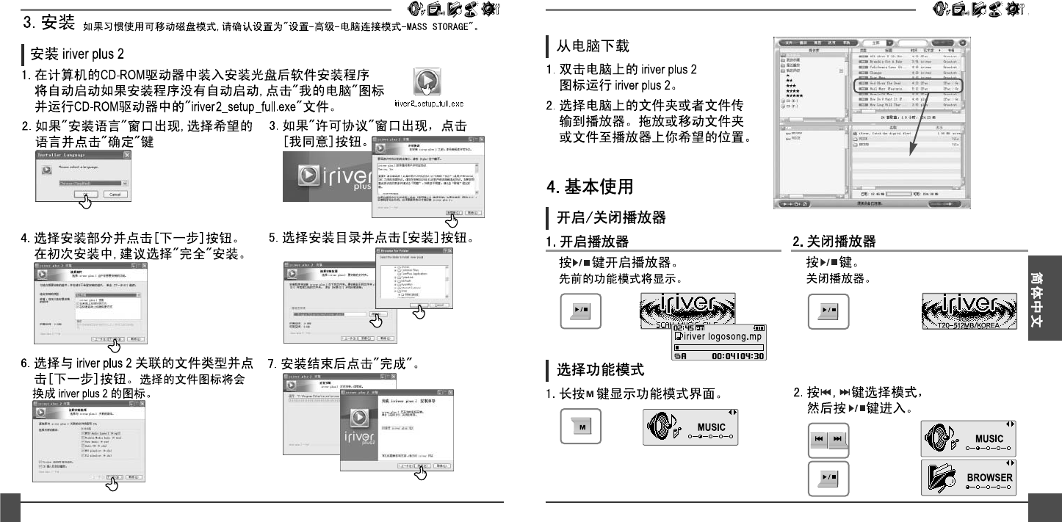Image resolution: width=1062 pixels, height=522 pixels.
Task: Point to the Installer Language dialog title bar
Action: pos(83,156)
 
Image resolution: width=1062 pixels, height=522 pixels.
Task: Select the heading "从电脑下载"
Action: pos(592,46)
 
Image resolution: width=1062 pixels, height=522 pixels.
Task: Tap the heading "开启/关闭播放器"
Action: pos(611,217)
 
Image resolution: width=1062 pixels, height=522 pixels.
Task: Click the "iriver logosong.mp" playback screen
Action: pos(718,341)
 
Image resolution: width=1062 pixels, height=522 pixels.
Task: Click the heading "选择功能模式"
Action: pos(600,368)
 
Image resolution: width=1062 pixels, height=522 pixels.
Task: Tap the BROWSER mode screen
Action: pos(968,476)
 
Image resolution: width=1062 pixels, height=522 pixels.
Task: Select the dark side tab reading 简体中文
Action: pos(1044,304)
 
